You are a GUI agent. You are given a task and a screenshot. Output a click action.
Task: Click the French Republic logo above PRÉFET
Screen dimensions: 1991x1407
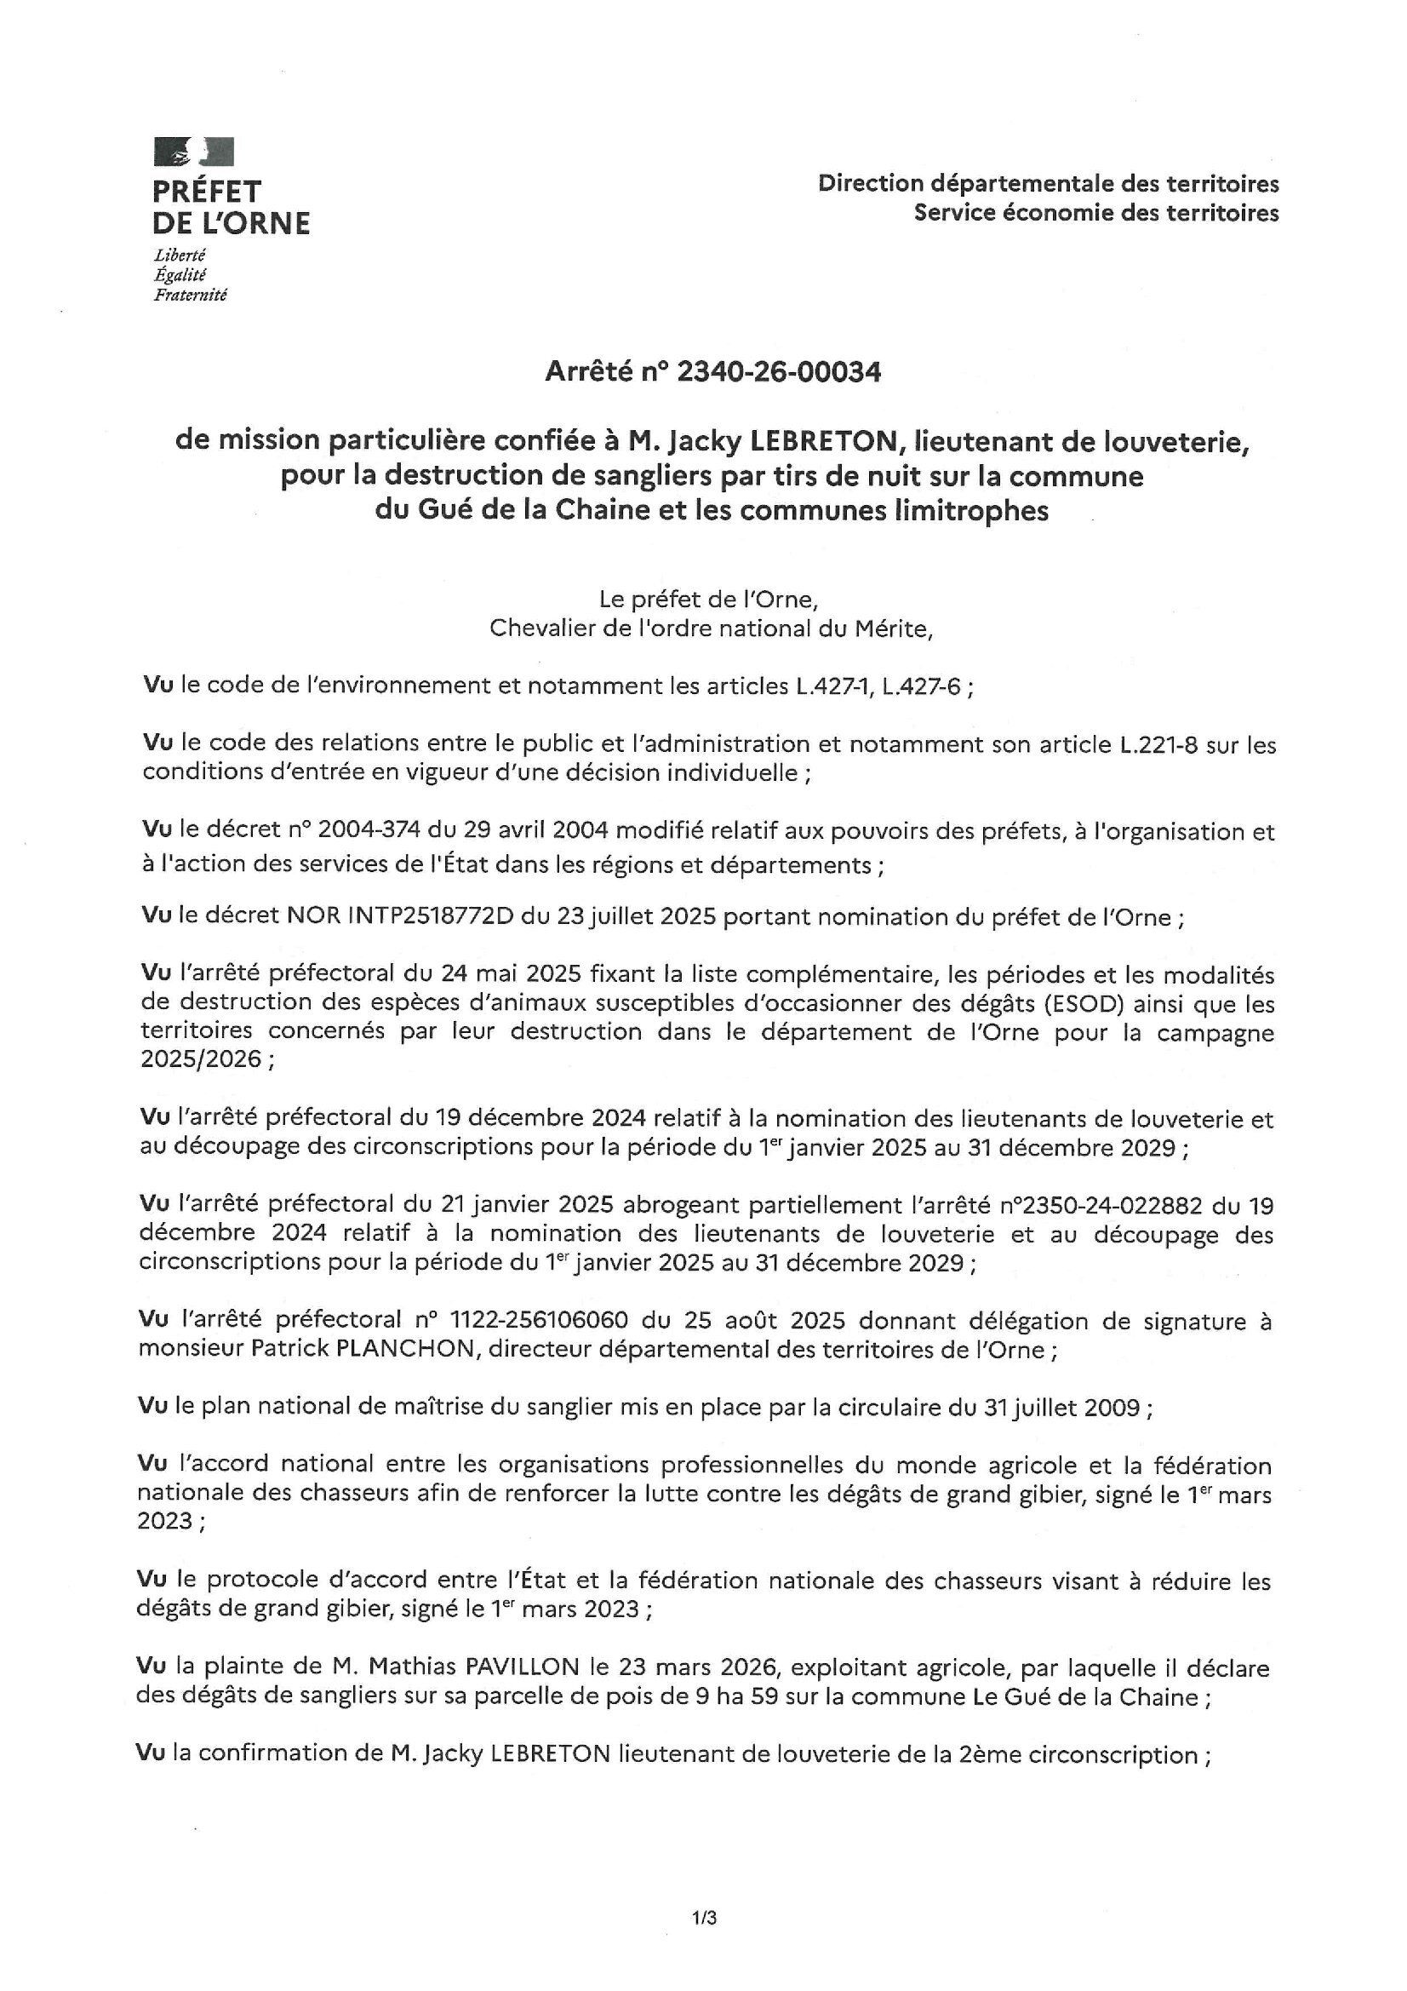click(x=193, y=152)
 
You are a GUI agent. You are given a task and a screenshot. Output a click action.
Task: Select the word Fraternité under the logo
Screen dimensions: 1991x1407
click(x=190, y=295)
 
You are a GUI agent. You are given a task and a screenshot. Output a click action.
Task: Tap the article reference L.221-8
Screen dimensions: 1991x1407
click(x=1154, y=744)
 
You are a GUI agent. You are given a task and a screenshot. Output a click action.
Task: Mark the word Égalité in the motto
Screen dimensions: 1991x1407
click(x=180, y=275)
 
